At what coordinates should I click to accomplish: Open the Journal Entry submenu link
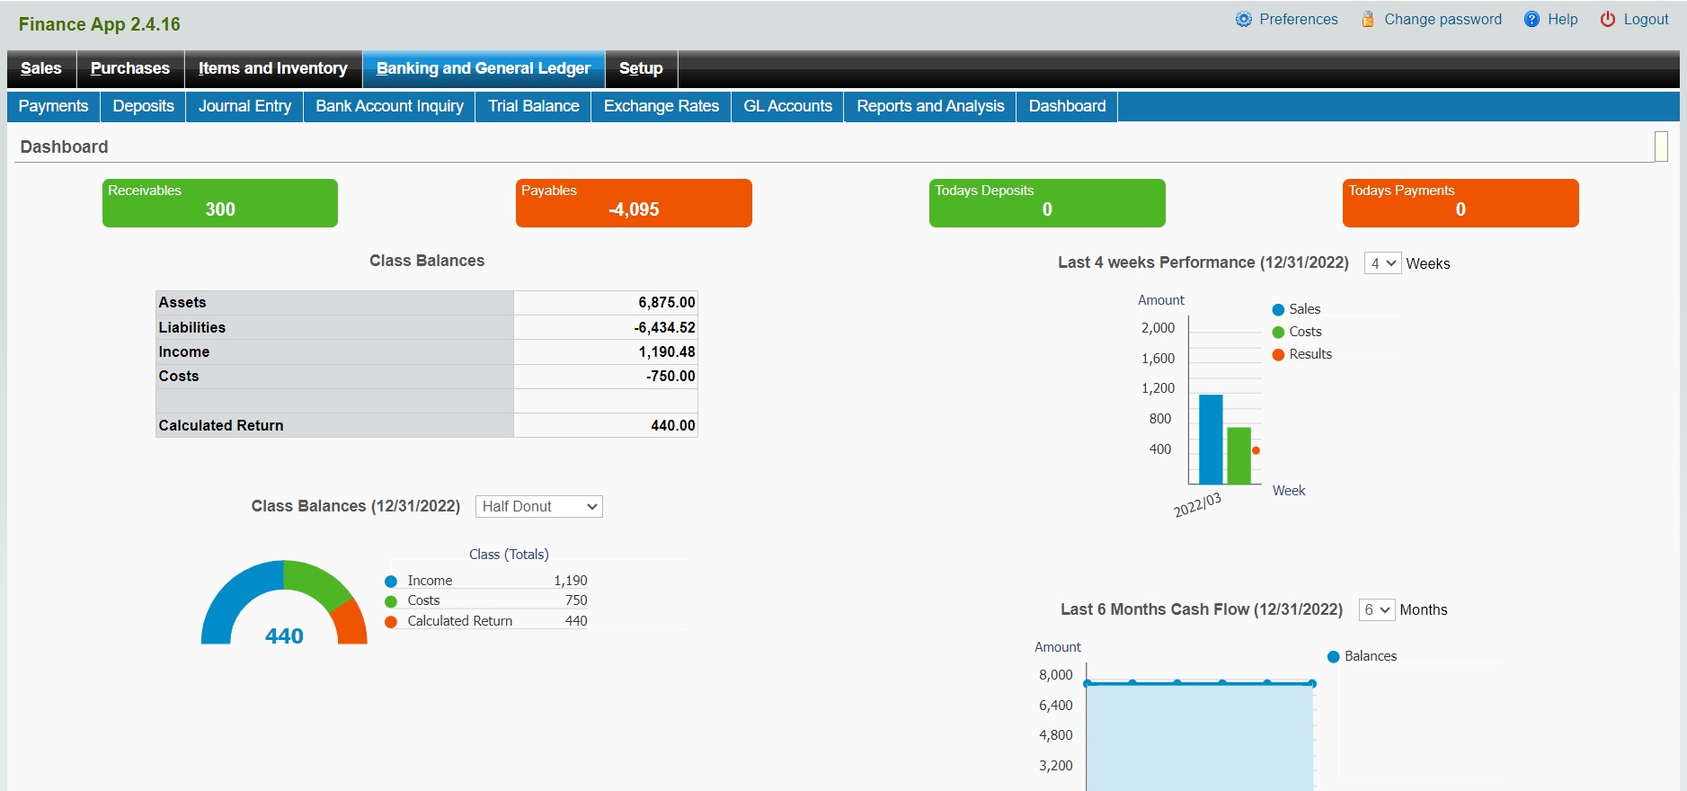click(x=244, y=106)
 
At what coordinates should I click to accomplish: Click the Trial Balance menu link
click(x=533, y=106)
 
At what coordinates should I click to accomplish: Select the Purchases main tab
click(x=130, y=68)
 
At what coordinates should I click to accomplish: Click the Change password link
click(x=1442, y=20)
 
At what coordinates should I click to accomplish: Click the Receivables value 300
click(x=220, y=209)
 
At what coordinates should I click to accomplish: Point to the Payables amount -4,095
click(x=634, y=209)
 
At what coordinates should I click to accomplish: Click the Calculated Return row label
click(x=221, y=425)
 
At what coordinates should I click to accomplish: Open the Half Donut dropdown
click(x=539, y=507)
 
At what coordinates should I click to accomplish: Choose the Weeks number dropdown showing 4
click(x=1382, y=263)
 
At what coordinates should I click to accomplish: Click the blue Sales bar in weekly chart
click(x=1211, y=440)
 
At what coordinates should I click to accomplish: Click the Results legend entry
click(x=1310, y=354)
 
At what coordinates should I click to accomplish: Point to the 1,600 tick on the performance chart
click(x=1158, y=359)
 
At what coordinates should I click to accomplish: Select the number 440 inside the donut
click(x=284, y=636)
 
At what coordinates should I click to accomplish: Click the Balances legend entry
click(x=1370, y=656)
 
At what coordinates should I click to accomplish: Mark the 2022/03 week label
click(x=1197, y=505)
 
